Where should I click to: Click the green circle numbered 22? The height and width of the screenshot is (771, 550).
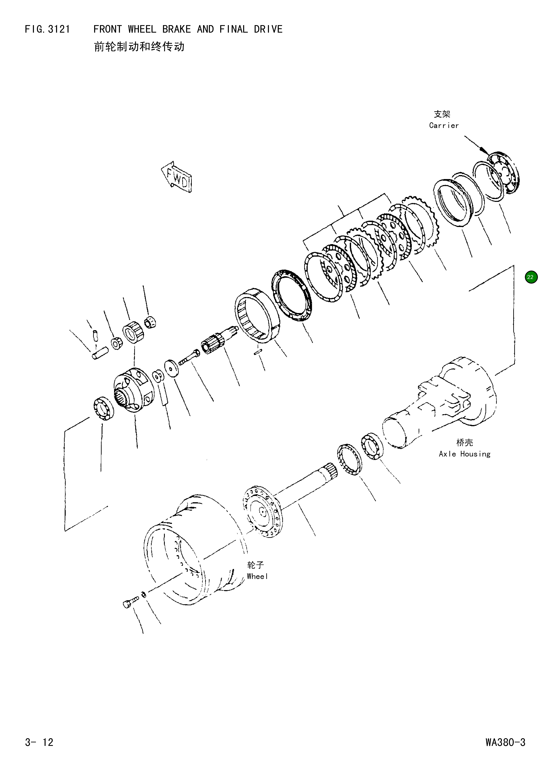click(531, 277)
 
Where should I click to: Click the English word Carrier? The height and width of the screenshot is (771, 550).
click(444, 125)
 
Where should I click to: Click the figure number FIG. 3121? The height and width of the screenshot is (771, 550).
click(47, 29)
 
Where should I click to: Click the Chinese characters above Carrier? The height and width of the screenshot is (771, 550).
click(442, 114)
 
